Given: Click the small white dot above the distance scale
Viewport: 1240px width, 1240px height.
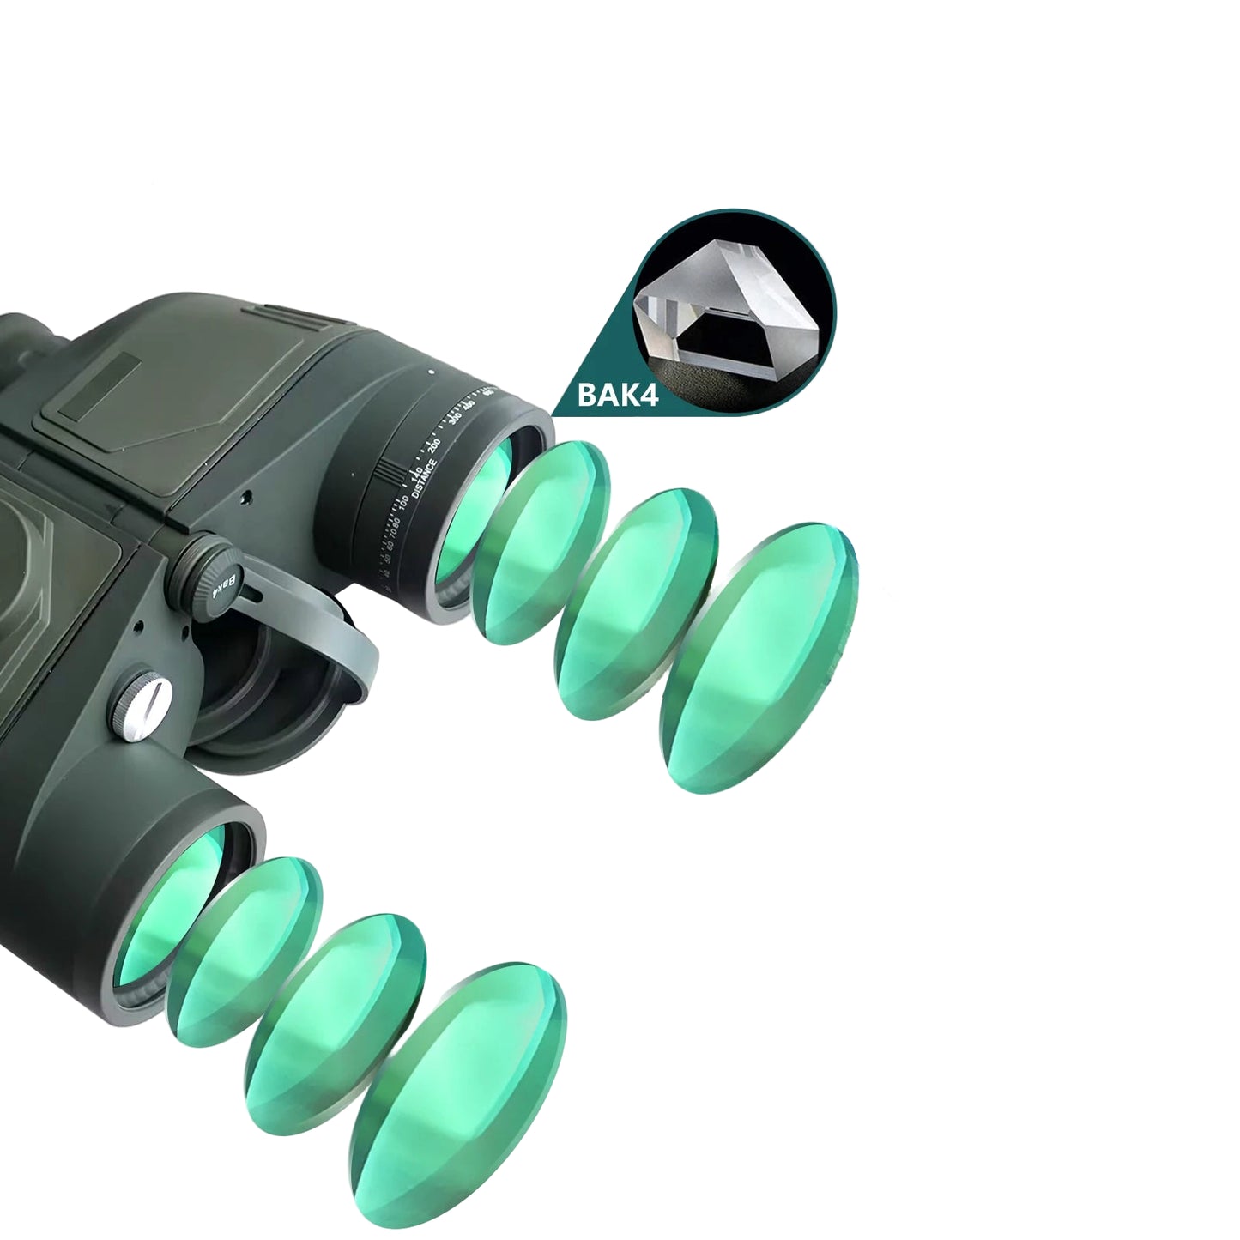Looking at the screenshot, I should click(431, 372).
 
